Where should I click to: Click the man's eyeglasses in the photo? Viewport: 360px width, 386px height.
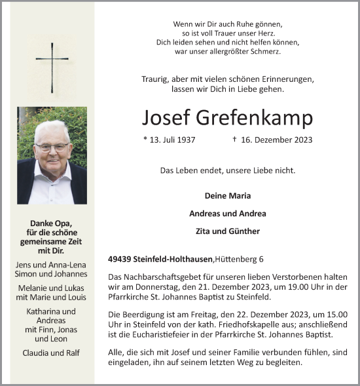pyautogui.click(x=52, y=147)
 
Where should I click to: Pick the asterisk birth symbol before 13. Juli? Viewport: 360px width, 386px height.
pyautogui.click(x=145, y=139)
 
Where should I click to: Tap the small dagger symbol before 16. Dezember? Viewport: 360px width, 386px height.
pyautogui.click(x=234, y=139)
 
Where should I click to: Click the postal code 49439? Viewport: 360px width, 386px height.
pyautogui.click(x=120, y=258)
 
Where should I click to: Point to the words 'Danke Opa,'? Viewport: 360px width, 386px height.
pyautogui.click(x=52, y=223)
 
